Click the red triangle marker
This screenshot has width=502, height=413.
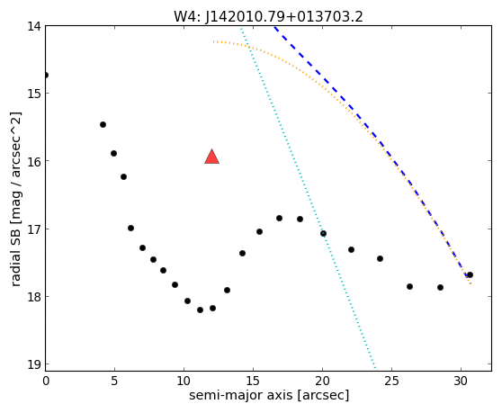tap(212, 157)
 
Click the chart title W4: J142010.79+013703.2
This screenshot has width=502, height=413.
tap(268, 16)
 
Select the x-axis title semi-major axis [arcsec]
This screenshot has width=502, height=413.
tap(269, 395)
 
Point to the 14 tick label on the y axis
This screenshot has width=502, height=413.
tap(33, 26)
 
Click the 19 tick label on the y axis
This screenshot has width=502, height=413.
tap(33, 364)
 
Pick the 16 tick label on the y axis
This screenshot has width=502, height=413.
tap(33, 161)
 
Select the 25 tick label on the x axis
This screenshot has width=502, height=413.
tap(391, 381)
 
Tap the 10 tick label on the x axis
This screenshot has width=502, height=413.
tap(184, 381)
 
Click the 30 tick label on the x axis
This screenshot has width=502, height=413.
tap(461, 381)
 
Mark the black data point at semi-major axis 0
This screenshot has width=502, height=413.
tap(46, 76)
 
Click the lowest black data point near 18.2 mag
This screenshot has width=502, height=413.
tap(200, 310)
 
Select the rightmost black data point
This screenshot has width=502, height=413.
tap(470, 275)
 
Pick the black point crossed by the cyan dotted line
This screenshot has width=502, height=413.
tap(323, 234)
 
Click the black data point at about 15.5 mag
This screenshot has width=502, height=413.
tap(103, 124)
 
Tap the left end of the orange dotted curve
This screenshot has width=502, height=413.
tap(213, 41)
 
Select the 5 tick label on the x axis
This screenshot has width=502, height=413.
tap(114, 381)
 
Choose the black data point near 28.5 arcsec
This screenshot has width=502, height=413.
tap(440, 288)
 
